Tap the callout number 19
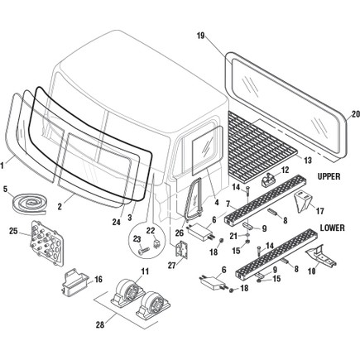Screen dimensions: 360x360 coord(200,36)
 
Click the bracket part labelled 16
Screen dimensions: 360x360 coord(70,284)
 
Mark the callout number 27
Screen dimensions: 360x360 coord(172,266)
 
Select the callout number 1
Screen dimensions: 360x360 coord(4,164)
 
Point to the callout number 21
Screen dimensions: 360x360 coord(210,236)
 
